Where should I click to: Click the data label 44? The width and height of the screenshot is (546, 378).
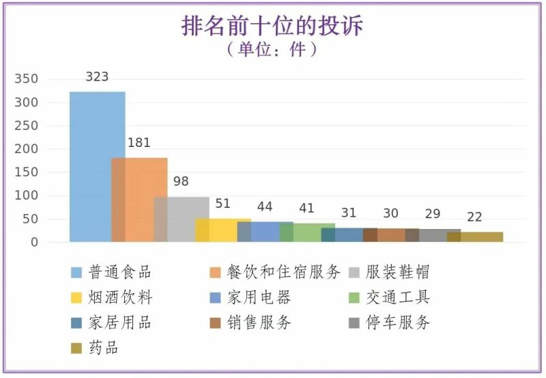tap(265, 207)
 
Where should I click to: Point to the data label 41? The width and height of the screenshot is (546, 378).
tap(306, 208)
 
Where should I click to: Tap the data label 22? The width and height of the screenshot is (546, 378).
tap(474, 217)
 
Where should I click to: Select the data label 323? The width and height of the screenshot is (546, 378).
tap(97, 77)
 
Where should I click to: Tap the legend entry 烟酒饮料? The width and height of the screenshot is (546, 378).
tap(120, 297)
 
